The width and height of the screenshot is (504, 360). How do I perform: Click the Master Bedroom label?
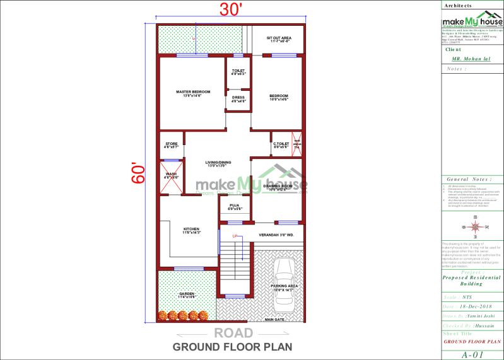192,92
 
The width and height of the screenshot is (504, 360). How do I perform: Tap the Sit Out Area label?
278,38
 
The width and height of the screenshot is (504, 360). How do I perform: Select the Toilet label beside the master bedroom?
238,71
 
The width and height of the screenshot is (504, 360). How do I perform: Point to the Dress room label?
238,98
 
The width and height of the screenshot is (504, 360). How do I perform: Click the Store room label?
172,144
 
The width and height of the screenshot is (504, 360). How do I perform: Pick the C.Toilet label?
281,144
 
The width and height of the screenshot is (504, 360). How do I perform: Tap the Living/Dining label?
218,163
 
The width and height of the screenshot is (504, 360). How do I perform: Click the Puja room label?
234,206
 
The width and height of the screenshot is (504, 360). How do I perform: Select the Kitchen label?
191,229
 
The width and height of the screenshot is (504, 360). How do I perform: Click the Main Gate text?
276,320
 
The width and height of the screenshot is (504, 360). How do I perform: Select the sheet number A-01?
472,354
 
